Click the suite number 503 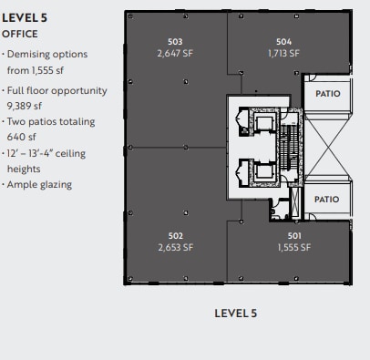point(175,42)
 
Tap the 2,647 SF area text point(175,53)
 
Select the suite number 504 point(283,42)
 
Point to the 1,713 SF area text point(283,53)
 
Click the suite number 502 point(176,236)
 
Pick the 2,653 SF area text point(176,247)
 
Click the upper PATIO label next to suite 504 point(326,93)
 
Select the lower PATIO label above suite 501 point(326,199)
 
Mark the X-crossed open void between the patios point(326,146)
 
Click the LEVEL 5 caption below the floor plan point(235,314)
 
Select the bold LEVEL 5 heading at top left point(25,16)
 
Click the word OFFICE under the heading point(20,33)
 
